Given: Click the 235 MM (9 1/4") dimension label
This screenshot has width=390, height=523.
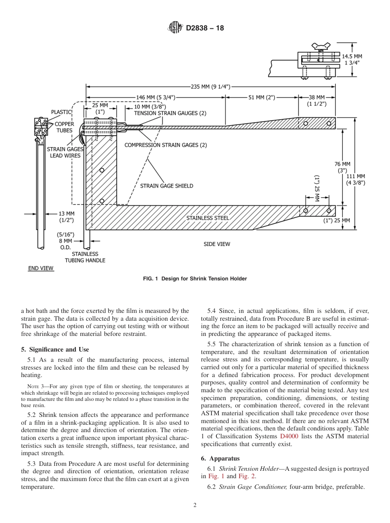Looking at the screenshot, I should (x=211, y=86).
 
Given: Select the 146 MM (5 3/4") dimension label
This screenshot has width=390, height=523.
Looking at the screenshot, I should (x=156, y=97).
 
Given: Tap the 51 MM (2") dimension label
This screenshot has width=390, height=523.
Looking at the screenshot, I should (x=262, y=97).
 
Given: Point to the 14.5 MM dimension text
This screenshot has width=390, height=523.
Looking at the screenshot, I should (x=352, y=56).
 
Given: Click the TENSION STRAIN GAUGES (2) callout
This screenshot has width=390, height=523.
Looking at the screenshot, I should (x=170, y=113).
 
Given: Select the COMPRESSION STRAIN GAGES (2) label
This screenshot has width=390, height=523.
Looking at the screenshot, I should (x=165, y=145).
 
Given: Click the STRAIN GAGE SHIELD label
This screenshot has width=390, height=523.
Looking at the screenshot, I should (x=167, y=186).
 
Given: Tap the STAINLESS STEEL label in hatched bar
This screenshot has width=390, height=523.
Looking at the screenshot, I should (x=208, y=218).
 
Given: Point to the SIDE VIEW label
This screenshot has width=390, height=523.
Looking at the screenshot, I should (x=217, y=244).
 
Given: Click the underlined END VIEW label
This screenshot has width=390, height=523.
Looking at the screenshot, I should (x=41, y=268).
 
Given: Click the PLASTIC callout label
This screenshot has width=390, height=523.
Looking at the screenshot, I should (x=61, y=112).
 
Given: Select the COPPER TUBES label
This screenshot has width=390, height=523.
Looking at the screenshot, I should (x=64, y=127).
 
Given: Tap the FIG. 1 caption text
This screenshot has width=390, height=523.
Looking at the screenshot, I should (x=195, y=279).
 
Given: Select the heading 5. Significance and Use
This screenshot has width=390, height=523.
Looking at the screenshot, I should (x=55, y=349).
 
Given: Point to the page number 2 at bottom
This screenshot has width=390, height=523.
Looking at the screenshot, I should (x=195, y=505).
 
